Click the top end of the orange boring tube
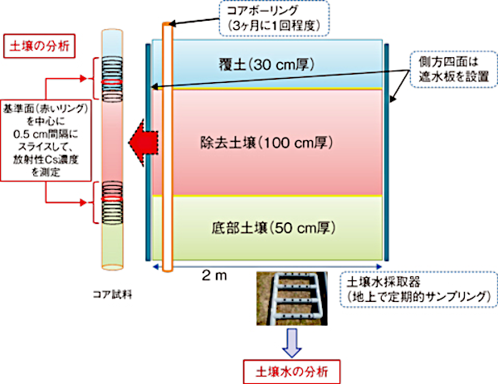coord(168,27)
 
